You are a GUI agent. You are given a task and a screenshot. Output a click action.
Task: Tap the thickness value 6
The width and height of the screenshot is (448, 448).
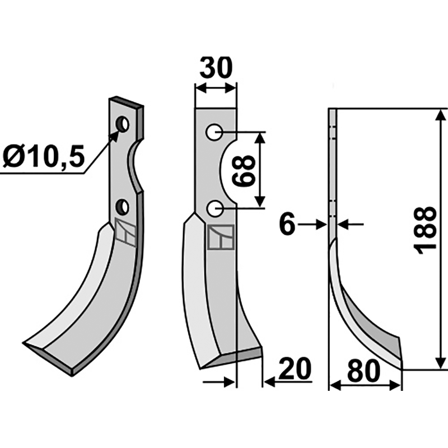pyautogui.click(x=286, y=225)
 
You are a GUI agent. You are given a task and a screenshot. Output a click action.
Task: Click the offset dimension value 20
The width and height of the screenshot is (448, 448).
pyautogui.click(x=295, y=371)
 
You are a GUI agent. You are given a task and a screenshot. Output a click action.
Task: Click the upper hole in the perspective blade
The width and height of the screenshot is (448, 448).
pyautogui.click(x=123, y=123)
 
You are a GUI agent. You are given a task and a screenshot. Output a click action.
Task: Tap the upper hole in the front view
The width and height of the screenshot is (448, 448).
pyautogui.click(x=213, y=132)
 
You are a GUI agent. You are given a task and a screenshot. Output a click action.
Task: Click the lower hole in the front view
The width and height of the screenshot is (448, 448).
pyautogui.click(x=213, y=208)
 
